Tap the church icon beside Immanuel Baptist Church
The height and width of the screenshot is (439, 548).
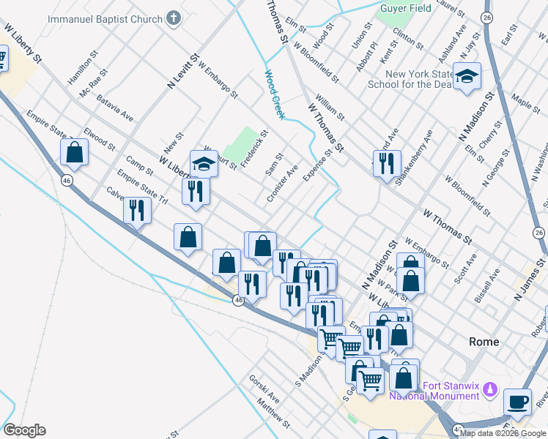tap(174, 18)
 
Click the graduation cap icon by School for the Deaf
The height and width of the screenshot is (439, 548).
tap(466, 77)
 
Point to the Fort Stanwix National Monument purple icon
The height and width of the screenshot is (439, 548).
tap(490, 389)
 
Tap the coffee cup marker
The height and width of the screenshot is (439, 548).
tap(517, 402)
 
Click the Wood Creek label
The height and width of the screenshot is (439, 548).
tap(275, 91)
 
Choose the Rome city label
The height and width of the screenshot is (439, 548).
tap(484, 342)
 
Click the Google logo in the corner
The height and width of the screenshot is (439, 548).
tap(24, 430)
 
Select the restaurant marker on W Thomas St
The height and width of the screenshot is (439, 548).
tap(386, 163)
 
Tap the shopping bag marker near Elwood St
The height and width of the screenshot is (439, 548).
tap(74, 152)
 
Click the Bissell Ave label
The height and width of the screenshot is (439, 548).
tap(487, 285)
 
